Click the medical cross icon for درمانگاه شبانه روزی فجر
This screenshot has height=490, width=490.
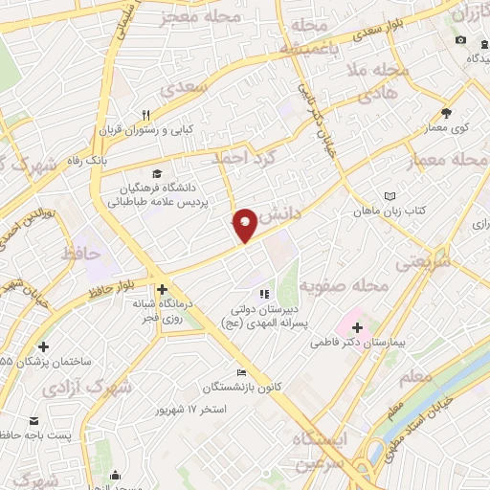coord(162,288)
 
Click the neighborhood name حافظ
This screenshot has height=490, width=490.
coord(80,255)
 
